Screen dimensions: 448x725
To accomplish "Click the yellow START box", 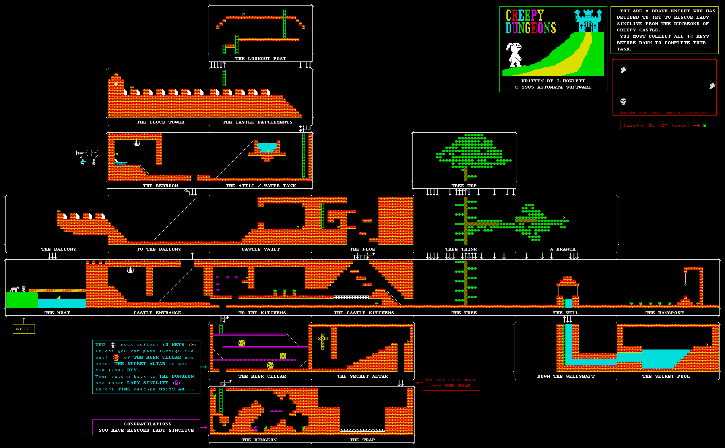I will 24,329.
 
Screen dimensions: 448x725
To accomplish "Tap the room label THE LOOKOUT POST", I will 261,59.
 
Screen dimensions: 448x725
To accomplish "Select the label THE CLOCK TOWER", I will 161,122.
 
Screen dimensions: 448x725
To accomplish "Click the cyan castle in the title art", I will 588,21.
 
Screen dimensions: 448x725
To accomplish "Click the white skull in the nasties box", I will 623,102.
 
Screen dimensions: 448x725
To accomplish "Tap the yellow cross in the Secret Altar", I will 323,341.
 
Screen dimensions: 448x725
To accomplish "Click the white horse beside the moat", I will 15,289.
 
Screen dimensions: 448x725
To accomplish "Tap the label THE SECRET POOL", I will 666,377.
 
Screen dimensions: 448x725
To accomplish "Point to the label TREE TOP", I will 464,186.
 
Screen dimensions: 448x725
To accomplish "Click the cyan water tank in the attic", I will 266,147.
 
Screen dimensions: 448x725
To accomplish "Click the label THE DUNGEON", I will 259,440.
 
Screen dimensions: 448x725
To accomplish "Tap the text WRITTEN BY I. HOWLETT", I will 553,81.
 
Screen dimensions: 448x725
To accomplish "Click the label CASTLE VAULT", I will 261,249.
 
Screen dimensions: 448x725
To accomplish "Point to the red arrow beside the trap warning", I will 419,383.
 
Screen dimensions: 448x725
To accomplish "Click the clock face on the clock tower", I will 116,84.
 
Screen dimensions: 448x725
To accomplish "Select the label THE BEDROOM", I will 161,186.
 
